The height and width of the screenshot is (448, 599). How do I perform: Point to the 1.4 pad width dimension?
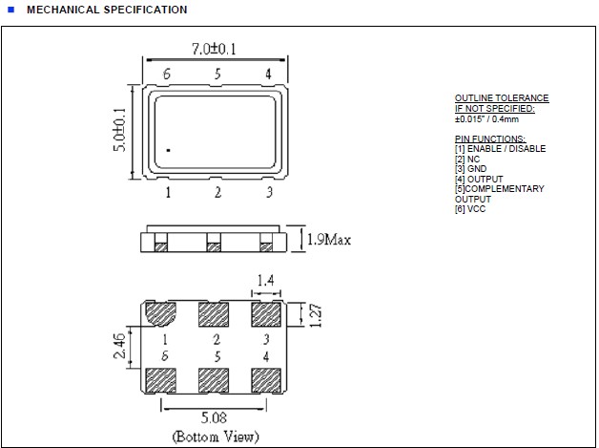[x=267, y=280]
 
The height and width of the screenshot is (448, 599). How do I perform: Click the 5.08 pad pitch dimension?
[x=215, y=417]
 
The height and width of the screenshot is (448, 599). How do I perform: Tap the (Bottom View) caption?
[x=215, y=437]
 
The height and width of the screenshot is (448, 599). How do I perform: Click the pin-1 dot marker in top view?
[x=168, y=151]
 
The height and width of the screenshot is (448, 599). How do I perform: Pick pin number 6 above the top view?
[x=167, y=74]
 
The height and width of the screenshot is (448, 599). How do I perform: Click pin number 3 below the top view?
[x=269, y=193]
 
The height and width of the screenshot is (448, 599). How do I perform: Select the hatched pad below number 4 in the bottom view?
[x=267, y=379]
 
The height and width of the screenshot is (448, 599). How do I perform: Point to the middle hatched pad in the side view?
[x=214, y=246]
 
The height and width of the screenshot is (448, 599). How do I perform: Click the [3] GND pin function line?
[x=470, y=169]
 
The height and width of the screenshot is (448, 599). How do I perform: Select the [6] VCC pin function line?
[x=469, y=209]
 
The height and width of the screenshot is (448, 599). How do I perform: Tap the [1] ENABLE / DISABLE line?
[x=500, y=149]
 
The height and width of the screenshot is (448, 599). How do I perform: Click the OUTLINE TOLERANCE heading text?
[x=501, y=98]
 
